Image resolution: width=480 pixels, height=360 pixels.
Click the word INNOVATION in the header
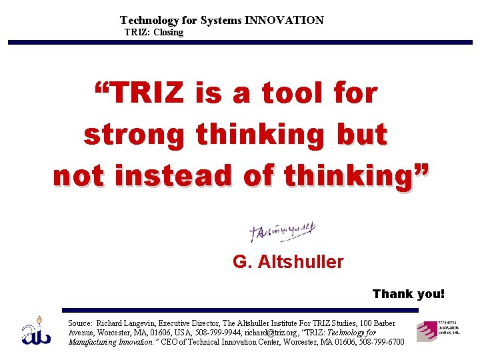[x=284, y=21]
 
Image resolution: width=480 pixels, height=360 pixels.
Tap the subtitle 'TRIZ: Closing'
[x=154, y=32]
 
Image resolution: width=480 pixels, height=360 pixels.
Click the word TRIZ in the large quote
[x=147, y=94]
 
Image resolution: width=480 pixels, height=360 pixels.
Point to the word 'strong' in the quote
[x=135, y=135]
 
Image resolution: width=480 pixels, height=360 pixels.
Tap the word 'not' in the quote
[x=79, y=176]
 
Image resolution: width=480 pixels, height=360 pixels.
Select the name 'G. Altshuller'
[x=288, y=262]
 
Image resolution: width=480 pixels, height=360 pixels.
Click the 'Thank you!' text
[x=408, y=294]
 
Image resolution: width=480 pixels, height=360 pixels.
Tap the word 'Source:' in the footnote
[x=80, y=323]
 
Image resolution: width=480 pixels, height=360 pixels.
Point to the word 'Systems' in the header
[x=222, y=21]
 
